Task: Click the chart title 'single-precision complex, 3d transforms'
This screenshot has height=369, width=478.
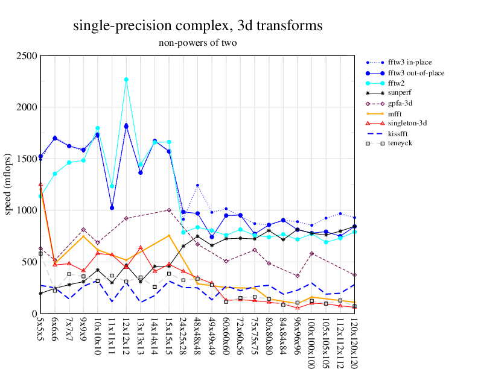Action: (x=197, y=26)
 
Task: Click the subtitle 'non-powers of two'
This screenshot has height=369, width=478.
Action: (x=197, y=43)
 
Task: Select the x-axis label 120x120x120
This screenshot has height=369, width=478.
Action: (x=354, y=341)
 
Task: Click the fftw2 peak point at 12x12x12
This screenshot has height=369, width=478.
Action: (x=126, y=80)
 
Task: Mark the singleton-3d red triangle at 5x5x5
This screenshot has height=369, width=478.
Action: (x=40, y=184)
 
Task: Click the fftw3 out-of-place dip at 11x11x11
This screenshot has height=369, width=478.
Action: (x=112, y=207)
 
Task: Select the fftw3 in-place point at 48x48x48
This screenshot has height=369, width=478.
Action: (x=197, y=185)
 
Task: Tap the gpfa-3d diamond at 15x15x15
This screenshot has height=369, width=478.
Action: (x=169, y=210)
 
